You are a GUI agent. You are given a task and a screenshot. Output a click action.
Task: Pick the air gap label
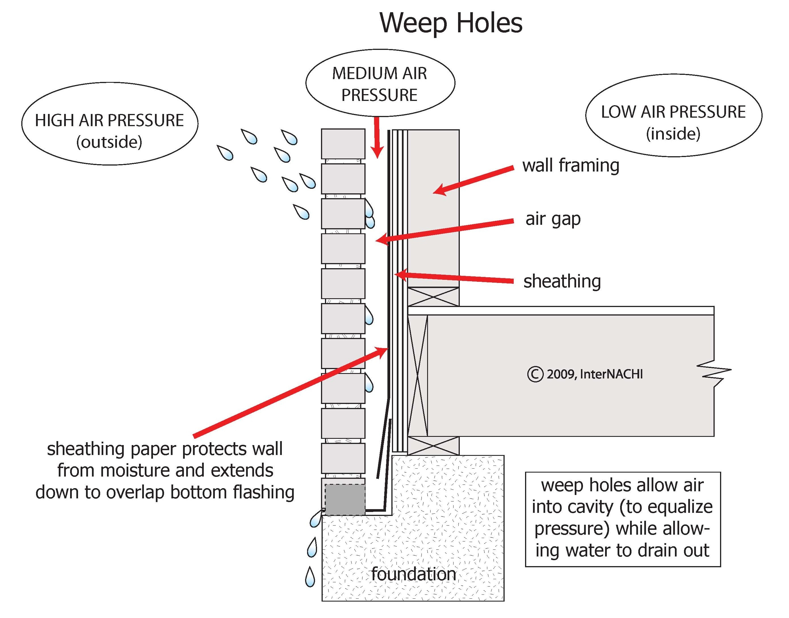tap(553, 219)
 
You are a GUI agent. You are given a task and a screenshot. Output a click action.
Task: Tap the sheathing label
tap(562, 281)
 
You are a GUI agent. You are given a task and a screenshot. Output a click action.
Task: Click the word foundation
tap(413, 574)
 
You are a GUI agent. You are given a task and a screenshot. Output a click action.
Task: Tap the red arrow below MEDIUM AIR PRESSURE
tap(377, 137)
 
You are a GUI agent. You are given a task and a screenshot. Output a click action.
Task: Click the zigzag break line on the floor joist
tap(715, 373)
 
